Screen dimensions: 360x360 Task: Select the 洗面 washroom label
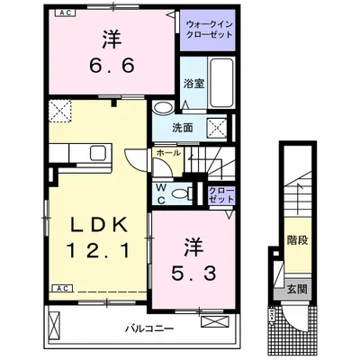[184, 128]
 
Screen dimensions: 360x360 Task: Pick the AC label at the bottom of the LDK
[65, 288]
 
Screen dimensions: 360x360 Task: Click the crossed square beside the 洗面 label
[218, 126]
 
